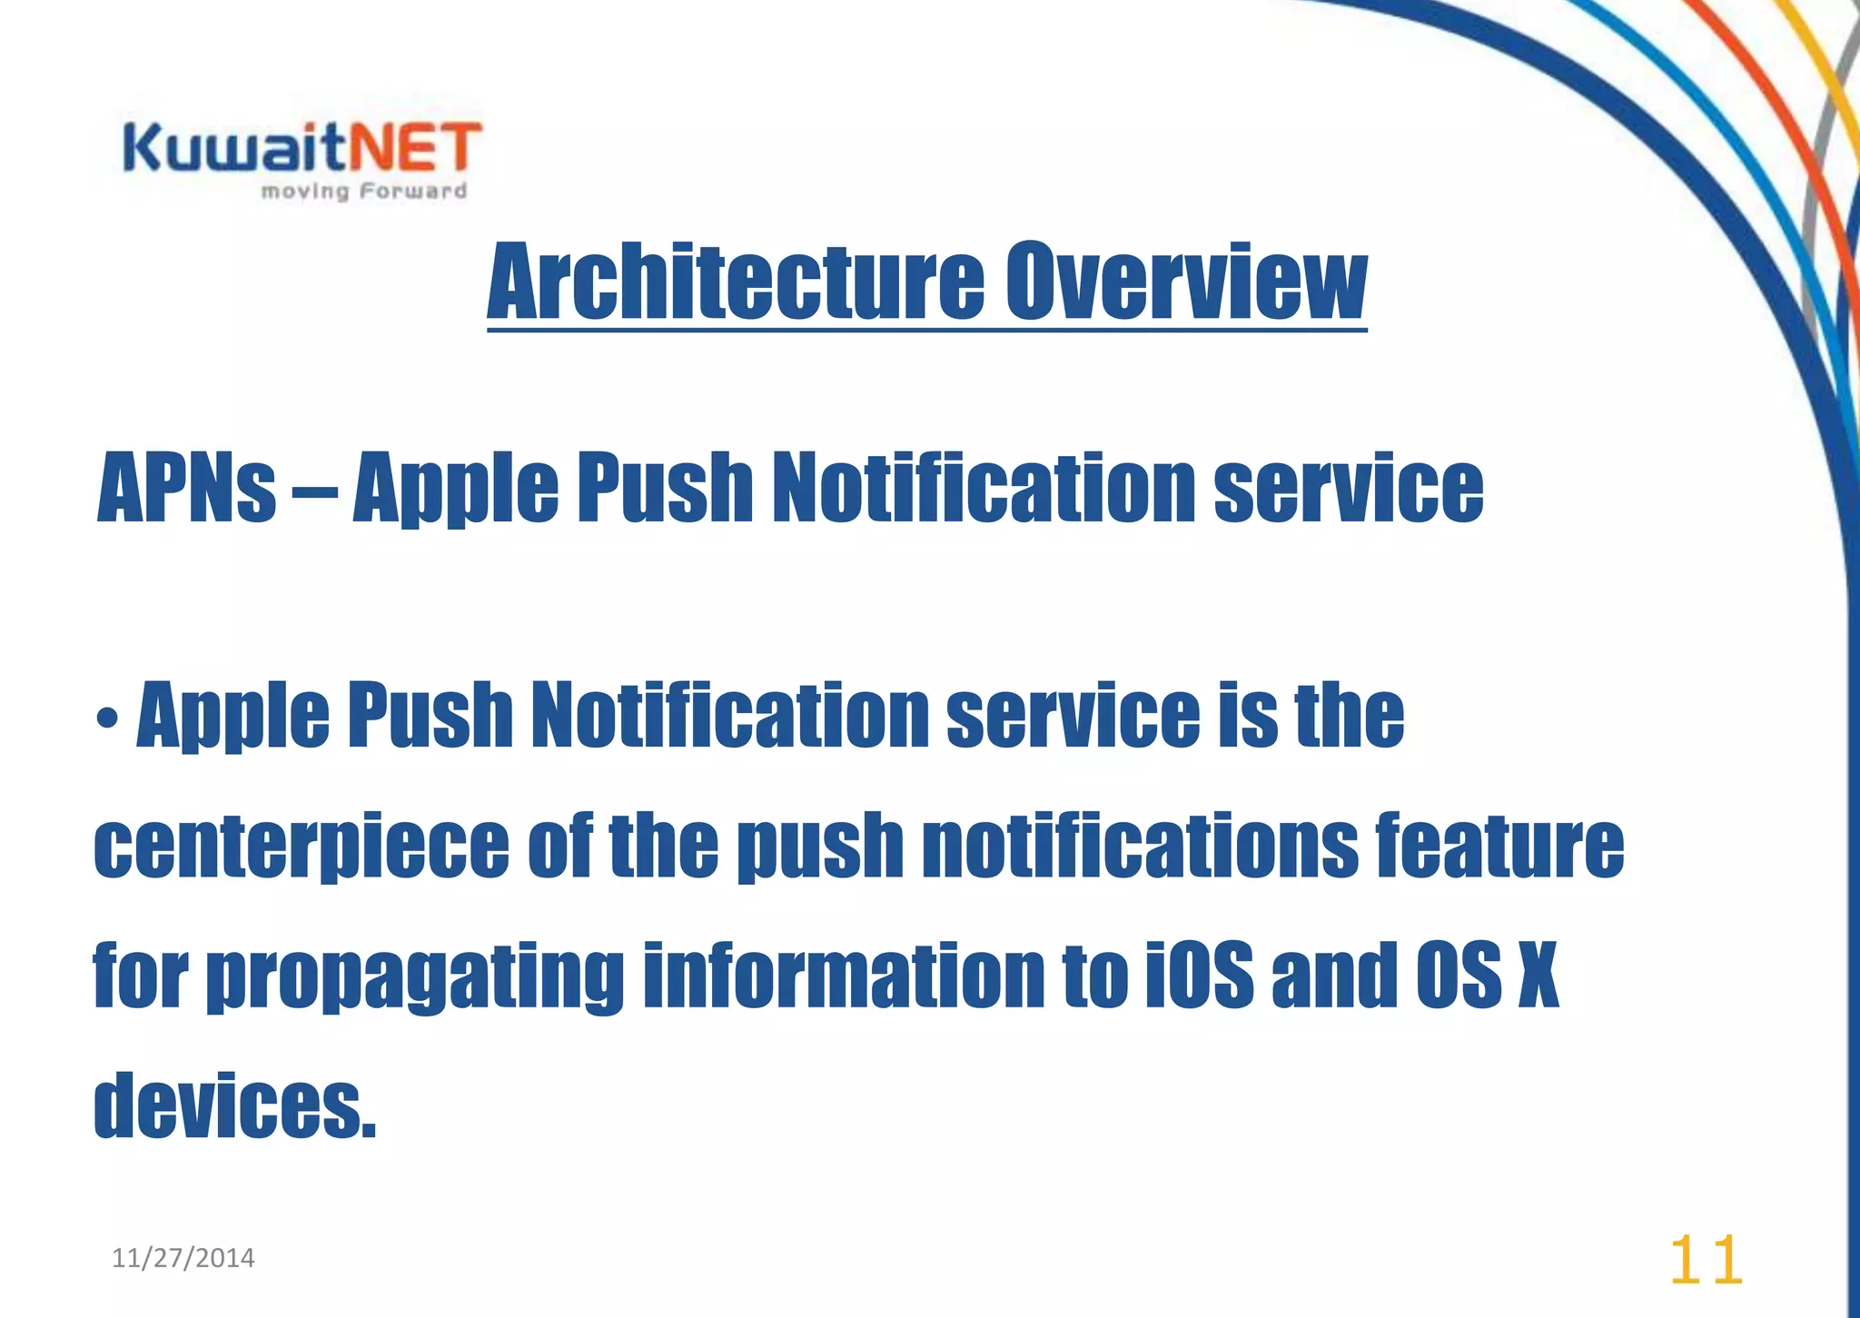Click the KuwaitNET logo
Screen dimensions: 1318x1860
[302, 149]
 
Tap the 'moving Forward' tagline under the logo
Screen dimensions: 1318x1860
[363, 192]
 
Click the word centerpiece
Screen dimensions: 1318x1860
[302, 847]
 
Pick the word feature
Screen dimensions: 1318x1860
[1499, 847]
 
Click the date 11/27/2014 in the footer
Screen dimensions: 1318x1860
[183, 1258]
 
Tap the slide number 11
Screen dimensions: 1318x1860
[1706, 1261]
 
